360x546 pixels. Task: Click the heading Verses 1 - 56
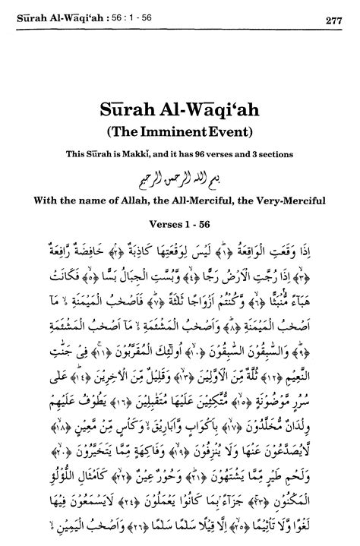tap(180, 226)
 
